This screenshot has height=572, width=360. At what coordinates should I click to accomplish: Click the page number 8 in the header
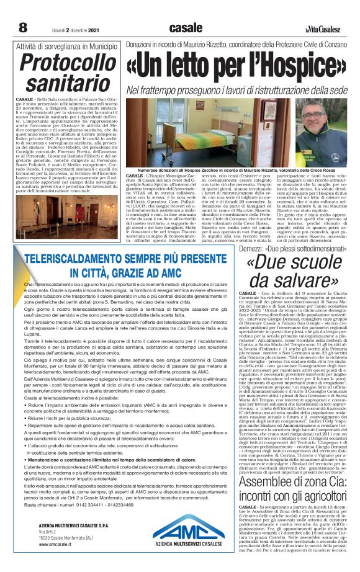tap(23, 27)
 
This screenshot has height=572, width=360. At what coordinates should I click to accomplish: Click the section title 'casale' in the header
tap(185, 27)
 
